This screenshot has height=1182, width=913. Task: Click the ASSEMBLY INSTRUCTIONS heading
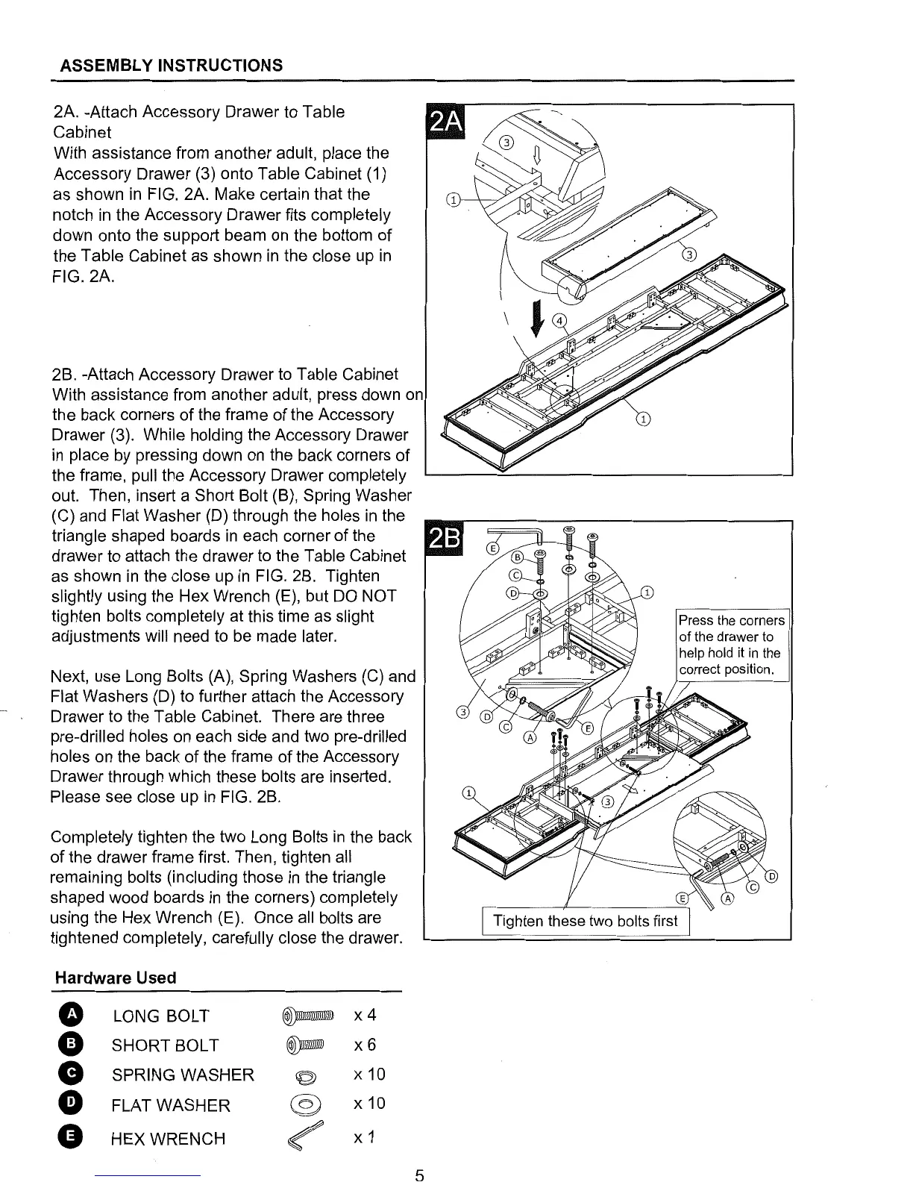click(171, 65)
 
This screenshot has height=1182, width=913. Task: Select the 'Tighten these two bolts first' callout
click(586, 921)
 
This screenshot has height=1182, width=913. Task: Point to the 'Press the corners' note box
click(731, 645)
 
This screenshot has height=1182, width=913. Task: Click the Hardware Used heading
click(116, 978)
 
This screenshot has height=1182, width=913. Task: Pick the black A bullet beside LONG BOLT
click(70, 1016)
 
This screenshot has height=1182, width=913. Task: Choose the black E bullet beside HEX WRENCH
click(70, 1137)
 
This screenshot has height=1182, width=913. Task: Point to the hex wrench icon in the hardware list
click(307, 1136)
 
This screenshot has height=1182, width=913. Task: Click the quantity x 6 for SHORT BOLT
click(365, 1045)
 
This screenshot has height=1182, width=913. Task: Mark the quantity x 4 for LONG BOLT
click(365, 1015)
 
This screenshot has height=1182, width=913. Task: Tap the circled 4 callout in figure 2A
click(559, 322)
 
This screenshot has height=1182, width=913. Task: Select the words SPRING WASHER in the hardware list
click(183, 1075)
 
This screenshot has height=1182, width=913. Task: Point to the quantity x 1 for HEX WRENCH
click(363, 1136)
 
